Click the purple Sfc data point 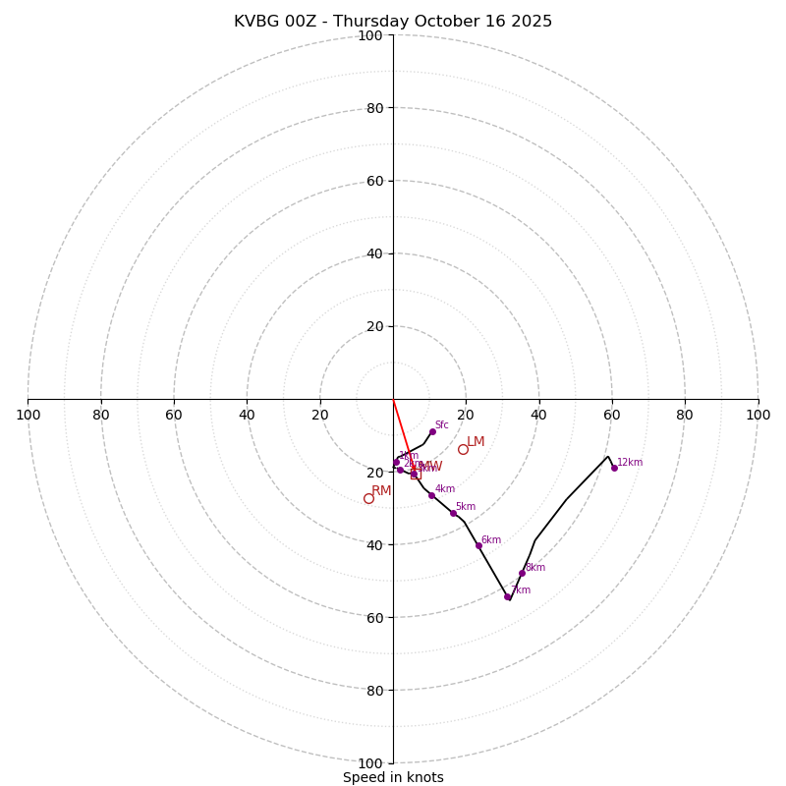point(432,431)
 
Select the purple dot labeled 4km point(431,495)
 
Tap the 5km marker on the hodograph point(453,513)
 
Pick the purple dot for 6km point(478,545)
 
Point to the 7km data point point(507,596)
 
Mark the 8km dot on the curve point(522,573)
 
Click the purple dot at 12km point(614,468)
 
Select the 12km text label point(630,463)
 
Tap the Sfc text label point(441,425)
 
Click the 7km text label point(521,590)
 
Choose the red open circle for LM point(463,449)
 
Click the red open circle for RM point(368,498)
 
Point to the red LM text point(476,442)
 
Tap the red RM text point(381,491)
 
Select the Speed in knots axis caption point(393,778)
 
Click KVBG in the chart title point(256,22)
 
